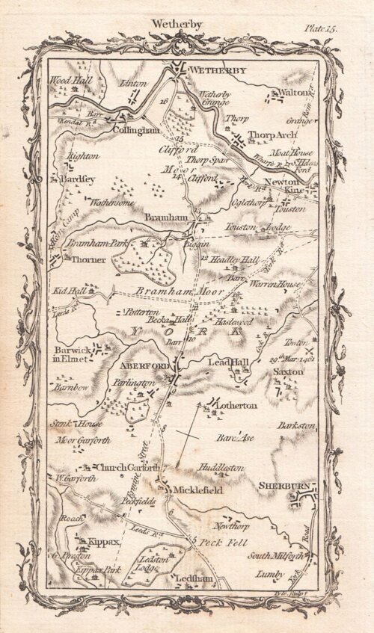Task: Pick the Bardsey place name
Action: coord(82,179)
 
